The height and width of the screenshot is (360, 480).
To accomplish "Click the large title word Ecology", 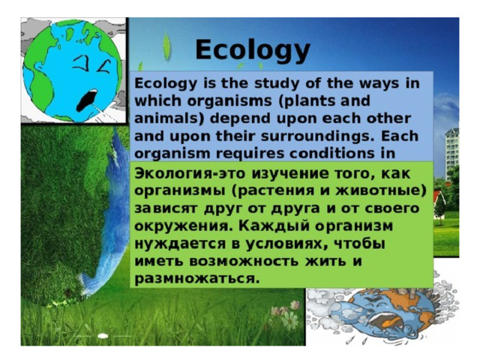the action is [x=253, y=50].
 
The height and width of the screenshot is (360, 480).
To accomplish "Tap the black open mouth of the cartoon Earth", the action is [x=87, y=100].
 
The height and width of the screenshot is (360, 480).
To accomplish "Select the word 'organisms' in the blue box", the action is [x=229, y=101].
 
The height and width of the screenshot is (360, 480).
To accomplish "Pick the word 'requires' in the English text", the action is [x=250, y=154].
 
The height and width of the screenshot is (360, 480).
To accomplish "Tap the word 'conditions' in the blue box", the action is [x=332, y=153].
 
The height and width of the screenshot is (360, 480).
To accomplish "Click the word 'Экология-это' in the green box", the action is [x=190, y=173].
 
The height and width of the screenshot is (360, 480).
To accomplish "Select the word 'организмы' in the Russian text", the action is [x=180, y=191].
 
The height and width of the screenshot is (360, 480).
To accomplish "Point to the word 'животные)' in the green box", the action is [x=381, y=191].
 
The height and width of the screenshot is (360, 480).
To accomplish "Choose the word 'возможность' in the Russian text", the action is [x=244, y=261].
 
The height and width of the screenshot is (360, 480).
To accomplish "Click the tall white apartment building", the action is [x=451, y=153].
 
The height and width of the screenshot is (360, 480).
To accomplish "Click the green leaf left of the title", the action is [x=166, y=46].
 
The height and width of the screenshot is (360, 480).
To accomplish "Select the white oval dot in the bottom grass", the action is [x=103, y=336].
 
